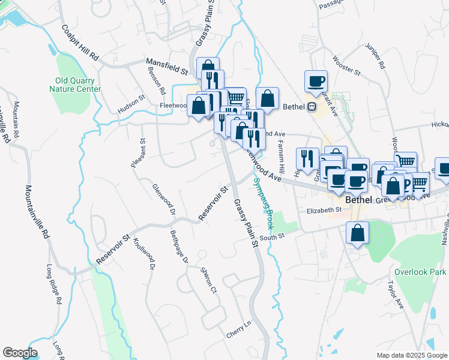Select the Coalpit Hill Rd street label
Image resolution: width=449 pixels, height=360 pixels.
tap(79, 43)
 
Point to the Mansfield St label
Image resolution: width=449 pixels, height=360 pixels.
tap(167, 65)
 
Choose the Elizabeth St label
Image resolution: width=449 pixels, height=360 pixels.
tap(324, 211)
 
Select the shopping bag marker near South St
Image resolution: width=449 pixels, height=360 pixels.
tap(357, 233)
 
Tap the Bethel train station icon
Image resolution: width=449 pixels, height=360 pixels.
tap(312, 107)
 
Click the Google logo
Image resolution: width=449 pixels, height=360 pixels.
tap(20, 353)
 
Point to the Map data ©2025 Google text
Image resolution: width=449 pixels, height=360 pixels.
tap(411, 355)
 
